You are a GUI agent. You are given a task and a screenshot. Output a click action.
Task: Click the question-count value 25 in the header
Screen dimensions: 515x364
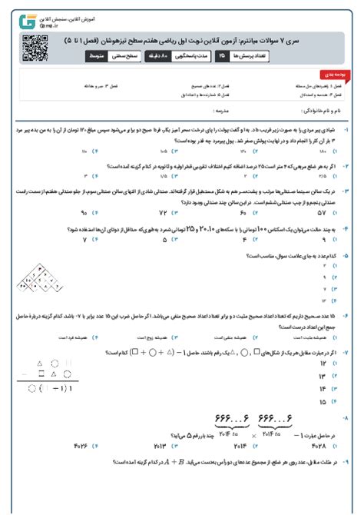coord(223,57)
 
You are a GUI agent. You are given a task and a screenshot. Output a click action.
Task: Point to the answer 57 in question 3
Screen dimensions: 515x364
coord(322,211)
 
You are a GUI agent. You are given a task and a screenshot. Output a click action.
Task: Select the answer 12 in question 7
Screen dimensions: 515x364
coord(323,363)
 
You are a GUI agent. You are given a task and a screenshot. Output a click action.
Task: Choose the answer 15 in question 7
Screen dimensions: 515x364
coord(323,401)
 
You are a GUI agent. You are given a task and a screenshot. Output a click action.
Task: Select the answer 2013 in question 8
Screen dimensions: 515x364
coord(160,444)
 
